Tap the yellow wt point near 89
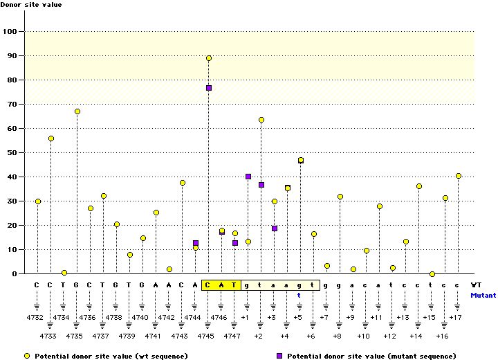click(x=209, y=58)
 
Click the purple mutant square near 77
click(x=209, y=88)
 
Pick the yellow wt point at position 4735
click(x=77, y=111)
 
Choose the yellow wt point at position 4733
click(x=51, y=138)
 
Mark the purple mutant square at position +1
click(x=248, y=177)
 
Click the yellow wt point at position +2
click(x=261, y=120)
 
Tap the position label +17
click(x=455, y=317)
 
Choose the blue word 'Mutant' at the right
click(x=483, y=295)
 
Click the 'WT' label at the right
click(x=477, y=284)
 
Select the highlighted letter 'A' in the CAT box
click(x=222, y=284)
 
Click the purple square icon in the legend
click(x=279, y=355)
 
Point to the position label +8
click(x=337, y=336)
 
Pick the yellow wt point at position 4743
click(x=183, y=183)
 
